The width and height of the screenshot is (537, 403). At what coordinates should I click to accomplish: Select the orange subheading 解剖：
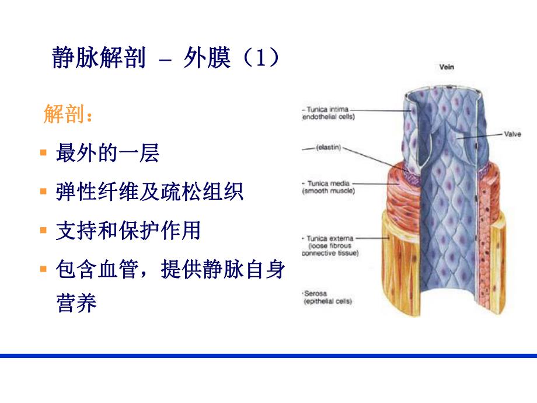68,114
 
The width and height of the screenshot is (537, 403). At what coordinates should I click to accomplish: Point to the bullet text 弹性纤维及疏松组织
149,192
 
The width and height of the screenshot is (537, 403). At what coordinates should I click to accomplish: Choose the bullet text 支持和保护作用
128,231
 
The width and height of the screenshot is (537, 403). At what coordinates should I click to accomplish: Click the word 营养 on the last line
76,304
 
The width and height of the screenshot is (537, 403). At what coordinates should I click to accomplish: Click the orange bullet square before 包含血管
43,270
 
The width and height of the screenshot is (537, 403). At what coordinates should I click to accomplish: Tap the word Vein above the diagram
447,67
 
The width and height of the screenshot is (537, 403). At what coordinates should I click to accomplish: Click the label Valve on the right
512,134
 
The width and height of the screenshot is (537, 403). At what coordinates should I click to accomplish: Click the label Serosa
315,293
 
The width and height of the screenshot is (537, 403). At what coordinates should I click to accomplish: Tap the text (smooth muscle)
328,190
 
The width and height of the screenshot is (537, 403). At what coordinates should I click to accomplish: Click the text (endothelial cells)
328,117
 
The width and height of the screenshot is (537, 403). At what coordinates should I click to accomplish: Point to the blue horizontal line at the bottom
268,355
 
